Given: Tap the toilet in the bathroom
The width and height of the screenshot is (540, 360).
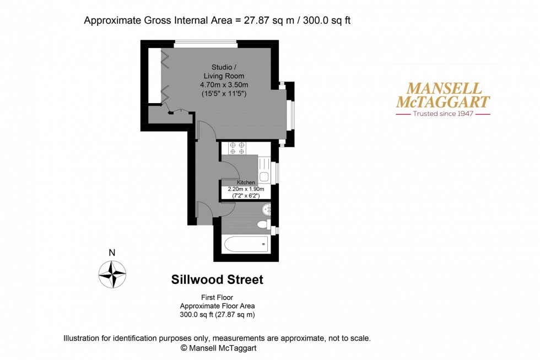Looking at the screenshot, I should pyautogui.click(x=265, y=224).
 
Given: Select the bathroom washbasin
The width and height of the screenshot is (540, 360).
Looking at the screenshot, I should pyautogui.click(x=267, y=209).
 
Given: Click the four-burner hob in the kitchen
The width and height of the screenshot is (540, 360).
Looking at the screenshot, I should pyautogui.click(x=237, y=147).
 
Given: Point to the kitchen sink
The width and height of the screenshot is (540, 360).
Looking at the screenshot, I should pyautogui.click(x=264, y=176).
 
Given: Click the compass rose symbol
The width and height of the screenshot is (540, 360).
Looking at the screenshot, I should pyautogui.click(x=112, y=274).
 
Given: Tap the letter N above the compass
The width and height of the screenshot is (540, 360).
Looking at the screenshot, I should pyautogui.click(x=112, y=253).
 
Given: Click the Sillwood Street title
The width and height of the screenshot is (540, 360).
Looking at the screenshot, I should pyautogui.click(x=217, y=280).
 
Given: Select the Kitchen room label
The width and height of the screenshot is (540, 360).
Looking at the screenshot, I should pyautogui.click(x=246, y=182).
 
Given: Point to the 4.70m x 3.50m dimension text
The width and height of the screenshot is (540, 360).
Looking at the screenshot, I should pyautogui.click(x=224, y=85).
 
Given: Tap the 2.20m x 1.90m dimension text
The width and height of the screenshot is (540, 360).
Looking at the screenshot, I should pyautogui.click(x=246, y=189).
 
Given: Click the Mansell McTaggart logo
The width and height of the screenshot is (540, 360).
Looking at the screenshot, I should pyautogui.click(x=443, y=95).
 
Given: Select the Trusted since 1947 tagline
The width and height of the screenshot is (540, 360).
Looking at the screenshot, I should pyautogui.click(x=443, y=114).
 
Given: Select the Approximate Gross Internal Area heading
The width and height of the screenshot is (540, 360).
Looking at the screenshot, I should pyautogui.click(x=217, y=21).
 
